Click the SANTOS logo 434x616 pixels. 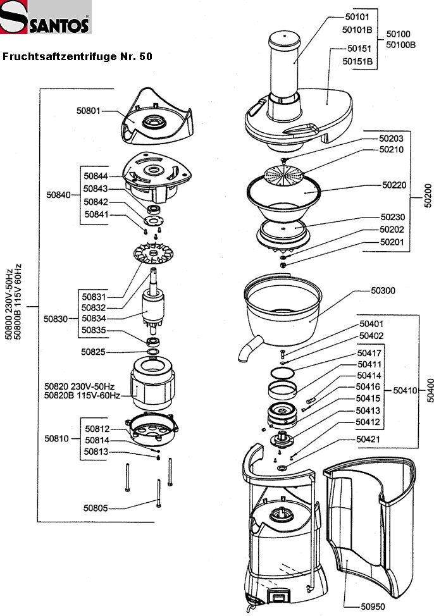(46, 17)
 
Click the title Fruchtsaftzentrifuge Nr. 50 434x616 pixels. (77, 56)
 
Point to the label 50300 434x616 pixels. (383, 290)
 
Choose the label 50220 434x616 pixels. (394, 185)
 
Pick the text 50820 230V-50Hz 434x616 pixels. (79, 386)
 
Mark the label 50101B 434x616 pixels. (356, 30)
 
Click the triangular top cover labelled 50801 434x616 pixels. (155, 117)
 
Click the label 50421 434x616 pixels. (368, 439)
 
